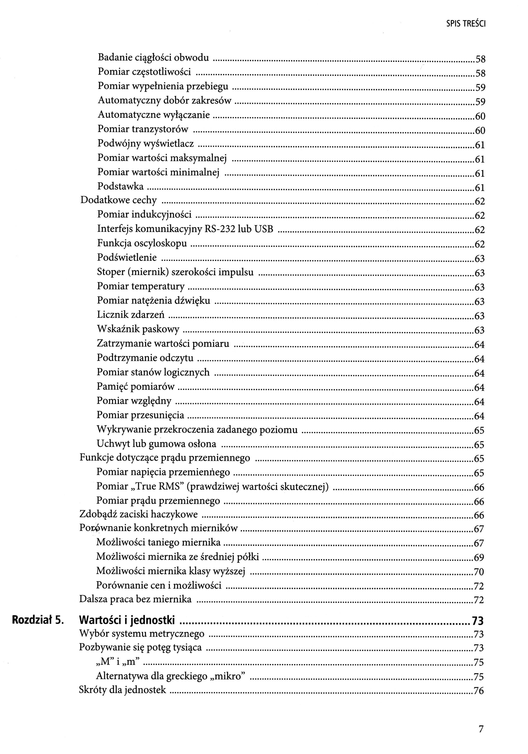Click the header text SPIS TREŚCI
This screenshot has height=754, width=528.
tap(466, 24)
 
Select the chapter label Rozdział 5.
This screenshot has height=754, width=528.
tap(37, 620)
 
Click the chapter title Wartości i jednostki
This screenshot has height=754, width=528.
tap(127, 620)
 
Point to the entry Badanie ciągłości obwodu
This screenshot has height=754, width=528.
tap(153, 58)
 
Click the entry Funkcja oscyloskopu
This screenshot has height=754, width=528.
tap(142, 243)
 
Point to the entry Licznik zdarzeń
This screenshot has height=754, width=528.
tap(131, 315)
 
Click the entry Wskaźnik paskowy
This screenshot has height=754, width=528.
tap(138, 329)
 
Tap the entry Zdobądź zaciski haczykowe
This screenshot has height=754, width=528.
tap(138, 514)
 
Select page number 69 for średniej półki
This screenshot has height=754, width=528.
tap(479, 558)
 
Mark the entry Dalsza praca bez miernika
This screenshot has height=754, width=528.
tap(135, 599)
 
